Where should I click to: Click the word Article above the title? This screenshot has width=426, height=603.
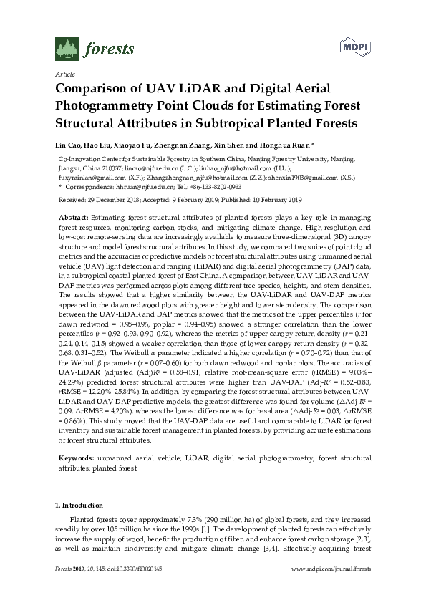point(64,74)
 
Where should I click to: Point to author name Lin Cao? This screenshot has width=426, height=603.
point(69,144)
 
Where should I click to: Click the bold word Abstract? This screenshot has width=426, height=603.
point(73,216)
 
